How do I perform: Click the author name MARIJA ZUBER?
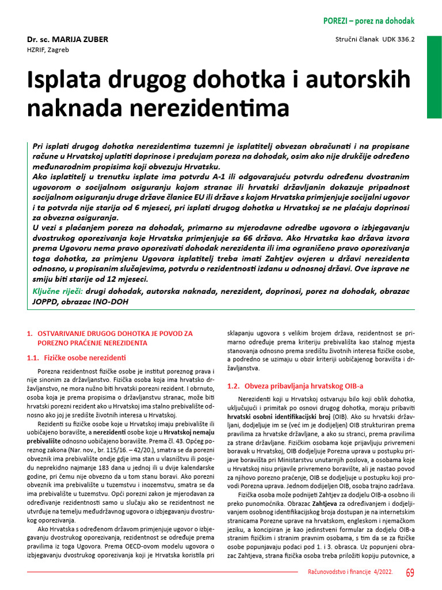[x=79, y=39]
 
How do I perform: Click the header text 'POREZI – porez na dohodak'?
[x=369, y=21]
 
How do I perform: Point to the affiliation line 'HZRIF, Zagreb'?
[x=48, y=50]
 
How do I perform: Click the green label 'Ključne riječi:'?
[x=57, y=290]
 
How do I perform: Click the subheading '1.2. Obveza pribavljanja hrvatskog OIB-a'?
[x=295, y=385]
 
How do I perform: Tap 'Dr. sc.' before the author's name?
[x=38, y=39]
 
